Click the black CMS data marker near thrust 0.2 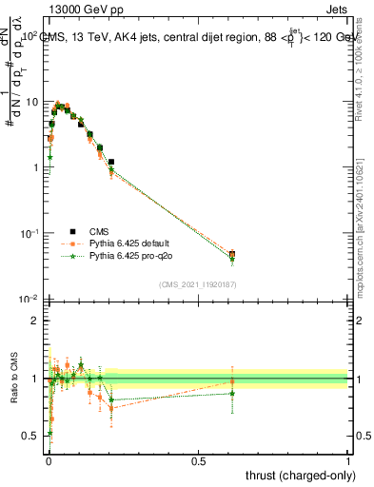pyautogui.click(x=111, y=163)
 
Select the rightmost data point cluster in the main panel pyautogui.click(x=232, y=255)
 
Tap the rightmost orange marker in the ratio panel pyautogui.click(x=232, y=381)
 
